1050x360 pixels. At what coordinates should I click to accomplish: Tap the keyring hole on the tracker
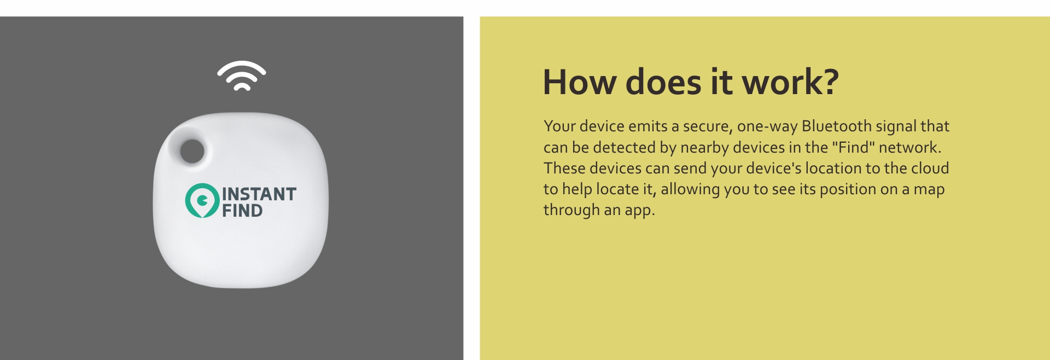(192, 151)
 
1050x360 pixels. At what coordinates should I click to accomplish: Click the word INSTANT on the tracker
(259, 194)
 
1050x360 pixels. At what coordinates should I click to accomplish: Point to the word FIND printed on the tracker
(242, 211)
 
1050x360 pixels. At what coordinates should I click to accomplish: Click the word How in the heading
(580, 83)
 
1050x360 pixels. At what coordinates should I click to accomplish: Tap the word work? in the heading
(790, 83)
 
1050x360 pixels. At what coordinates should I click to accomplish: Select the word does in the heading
(663, 83)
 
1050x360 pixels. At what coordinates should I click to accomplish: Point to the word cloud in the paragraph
(930, 168)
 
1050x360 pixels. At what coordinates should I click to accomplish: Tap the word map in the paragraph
(929, 190)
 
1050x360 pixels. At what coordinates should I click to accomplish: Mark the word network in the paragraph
(909, 147)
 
